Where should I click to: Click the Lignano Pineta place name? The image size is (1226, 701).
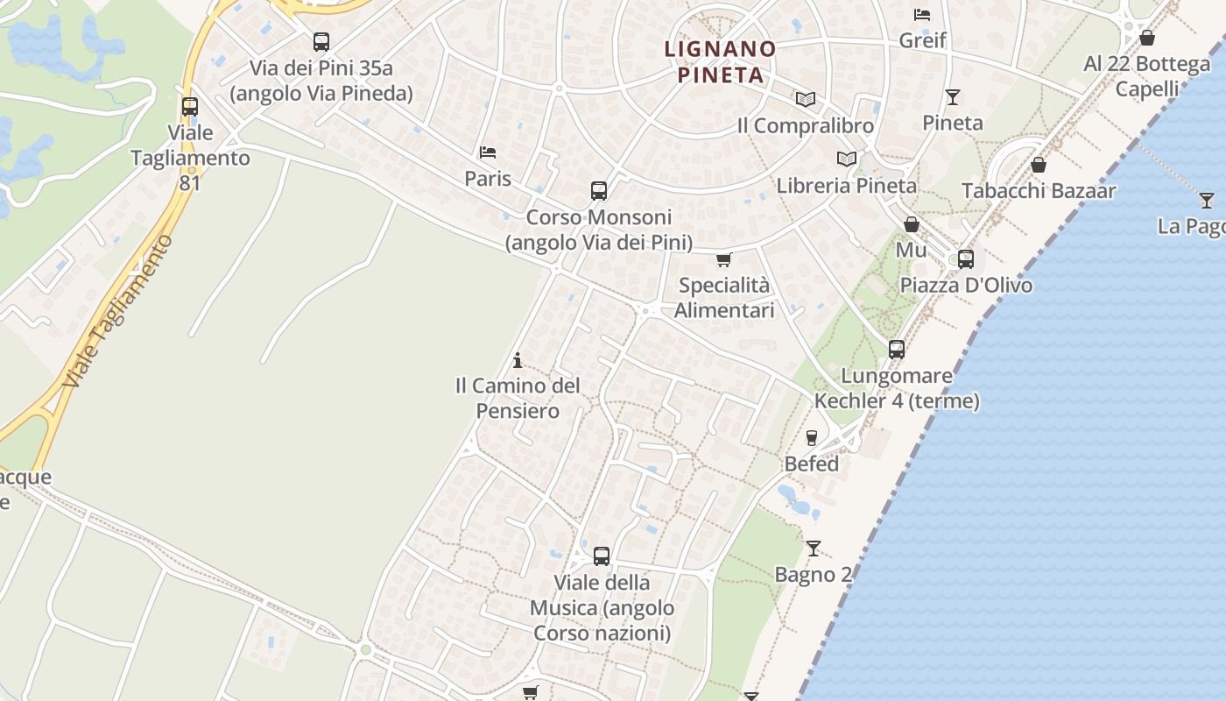click(720, 61)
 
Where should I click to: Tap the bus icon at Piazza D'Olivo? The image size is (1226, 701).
click(965, 258)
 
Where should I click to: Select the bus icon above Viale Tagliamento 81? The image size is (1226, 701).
click(189, 107)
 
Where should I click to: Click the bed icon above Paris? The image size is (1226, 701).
click(488, 152)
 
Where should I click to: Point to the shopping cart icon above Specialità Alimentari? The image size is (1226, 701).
click(723, 259)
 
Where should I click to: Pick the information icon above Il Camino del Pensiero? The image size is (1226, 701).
click(518, 360)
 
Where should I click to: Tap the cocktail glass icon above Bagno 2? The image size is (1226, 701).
click(814, 549)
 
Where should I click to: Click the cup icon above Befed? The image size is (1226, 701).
click(812, 437)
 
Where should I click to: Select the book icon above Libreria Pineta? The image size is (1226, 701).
click(846, 159)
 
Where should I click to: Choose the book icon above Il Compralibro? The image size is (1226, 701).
click(805, 100)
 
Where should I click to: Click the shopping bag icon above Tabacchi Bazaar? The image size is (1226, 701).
click(1039, 165)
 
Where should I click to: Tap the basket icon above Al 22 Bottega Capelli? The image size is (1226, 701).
click(1146, 38)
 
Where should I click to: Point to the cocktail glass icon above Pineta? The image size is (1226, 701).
click(953, 96)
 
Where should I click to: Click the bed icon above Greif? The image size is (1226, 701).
click(922, 14)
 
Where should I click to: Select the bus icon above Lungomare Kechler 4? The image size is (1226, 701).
click(896, 349)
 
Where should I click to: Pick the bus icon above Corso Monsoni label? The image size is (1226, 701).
click(599, 190)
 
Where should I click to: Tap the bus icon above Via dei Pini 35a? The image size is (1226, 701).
click(321, 41)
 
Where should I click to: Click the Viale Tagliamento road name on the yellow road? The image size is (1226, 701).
click(118, 311)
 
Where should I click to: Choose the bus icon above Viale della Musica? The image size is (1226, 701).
click(601, 556)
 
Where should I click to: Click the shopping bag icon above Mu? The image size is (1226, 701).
click(911, 224)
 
